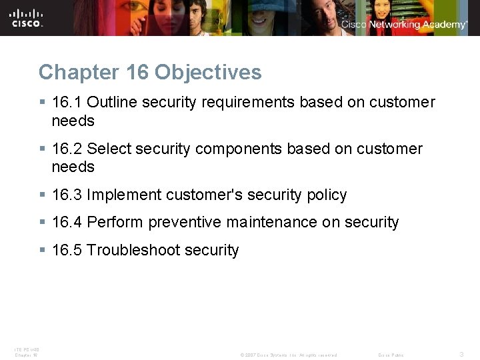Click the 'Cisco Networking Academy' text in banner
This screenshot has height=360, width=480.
click(405, 25)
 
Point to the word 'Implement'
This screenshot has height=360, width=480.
click(124, 195)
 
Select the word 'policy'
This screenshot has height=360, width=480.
click(327, 195)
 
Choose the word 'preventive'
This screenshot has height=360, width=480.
click(185, 222)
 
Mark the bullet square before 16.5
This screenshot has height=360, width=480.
click(43, 250)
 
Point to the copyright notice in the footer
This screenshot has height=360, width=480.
click(288, 355)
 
